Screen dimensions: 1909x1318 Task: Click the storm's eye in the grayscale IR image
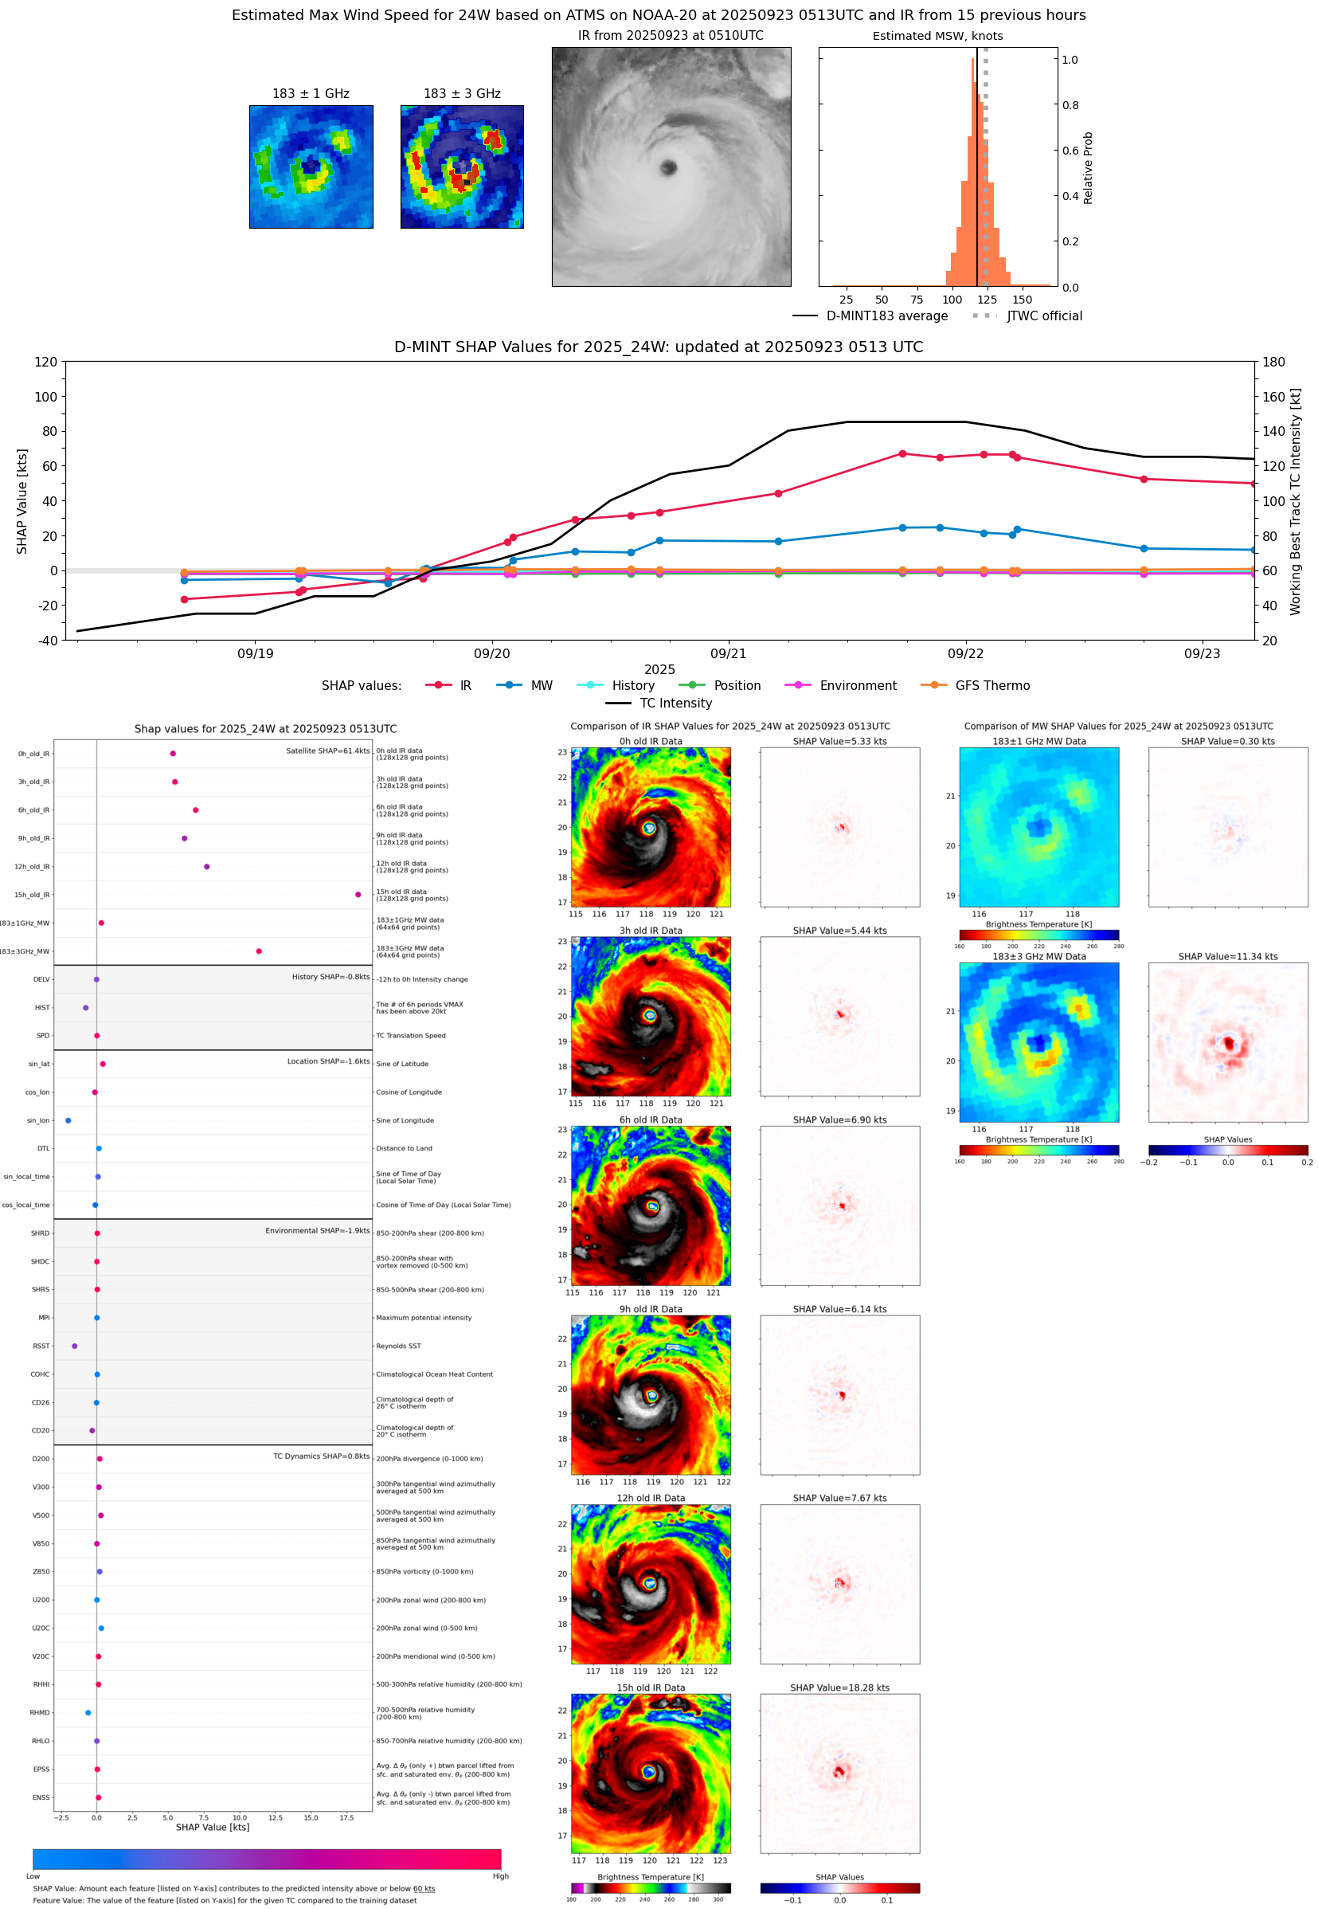(668, 167)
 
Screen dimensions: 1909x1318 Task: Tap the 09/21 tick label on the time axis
(728, 653)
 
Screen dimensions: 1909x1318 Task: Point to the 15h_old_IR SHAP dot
(358, 895)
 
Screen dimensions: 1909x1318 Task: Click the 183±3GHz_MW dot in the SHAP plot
(259, 951)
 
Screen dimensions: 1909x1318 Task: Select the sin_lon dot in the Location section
(68, 1120)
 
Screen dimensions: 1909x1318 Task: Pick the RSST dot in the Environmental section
(74, 1346)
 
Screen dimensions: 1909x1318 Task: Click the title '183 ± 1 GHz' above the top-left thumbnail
(311, 94)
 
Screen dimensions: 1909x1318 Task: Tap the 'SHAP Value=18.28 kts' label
(839, 1688)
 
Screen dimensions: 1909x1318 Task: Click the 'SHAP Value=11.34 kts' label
(1227, 957)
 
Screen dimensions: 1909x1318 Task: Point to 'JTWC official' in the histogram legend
(1044, 316)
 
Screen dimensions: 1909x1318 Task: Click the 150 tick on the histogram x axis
(1022, 300)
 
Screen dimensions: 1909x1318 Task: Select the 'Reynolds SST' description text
(398, 1346)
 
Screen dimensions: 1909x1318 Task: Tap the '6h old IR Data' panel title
(651, 1120)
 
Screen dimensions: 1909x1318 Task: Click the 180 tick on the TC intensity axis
(1273, 362)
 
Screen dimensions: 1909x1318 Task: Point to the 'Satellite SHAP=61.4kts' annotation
(327, 751)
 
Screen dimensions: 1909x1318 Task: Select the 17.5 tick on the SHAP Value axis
(347, 1817)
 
